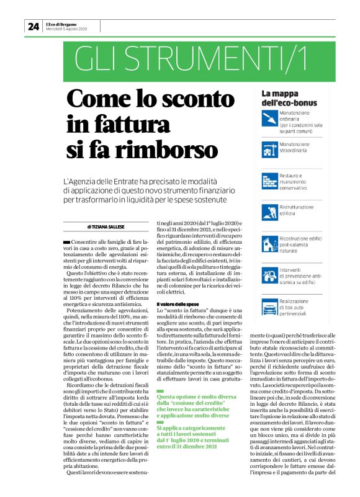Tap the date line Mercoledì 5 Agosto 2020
click(66, 29)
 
